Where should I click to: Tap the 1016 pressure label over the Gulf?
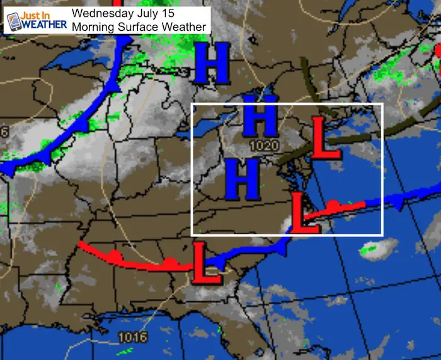pyautogui.click(x=133, y=337)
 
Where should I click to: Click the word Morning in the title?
pyautogui.click(x=94, y=26)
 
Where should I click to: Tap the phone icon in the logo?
pyautogui.click(x=13, y=20)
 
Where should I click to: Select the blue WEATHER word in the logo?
pyautogui.click(x=43, y=24)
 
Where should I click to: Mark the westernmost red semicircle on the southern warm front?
pyautogui.click(x=113, y=254)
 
